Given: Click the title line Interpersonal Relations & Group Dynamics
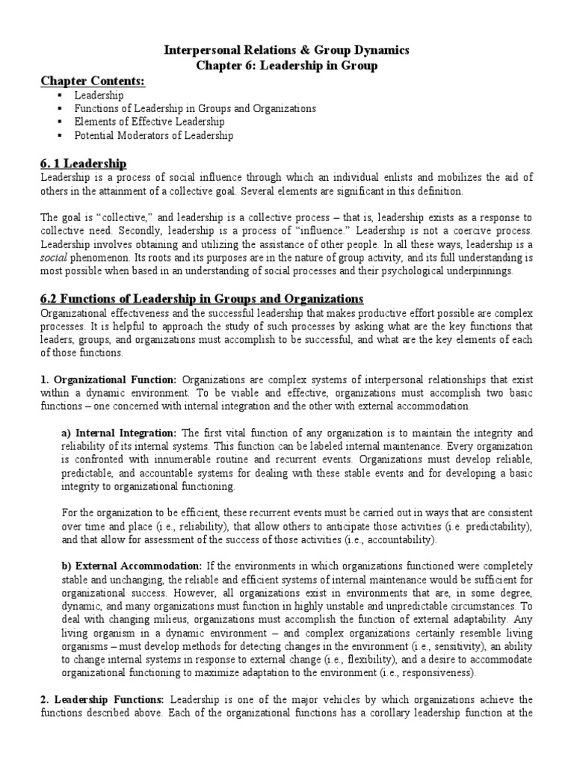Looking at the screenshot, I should [x=287, y=50].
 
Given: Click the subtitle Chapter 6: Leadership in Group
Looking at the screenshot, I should [x=287, y=66].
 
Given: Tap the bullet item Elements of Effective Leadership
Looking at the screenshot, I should [x=149, y=122].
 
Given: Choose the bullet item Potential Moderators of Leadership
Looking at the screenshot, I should [x=153, y=135].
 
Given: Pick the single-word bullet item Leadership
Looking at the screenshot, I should [x=99, y=96].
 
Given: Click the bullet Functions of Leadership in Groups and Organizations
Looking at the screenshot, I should [x=194, y=108].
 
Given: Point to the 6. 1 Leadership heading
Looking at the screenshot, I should [x=82, y=163].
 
